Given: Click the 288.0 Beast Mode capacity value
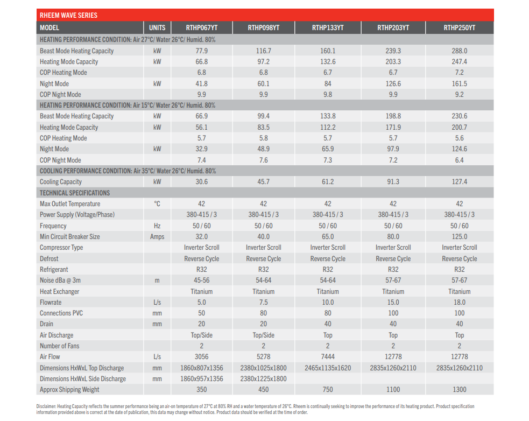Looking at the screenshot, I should [x=459, y=51].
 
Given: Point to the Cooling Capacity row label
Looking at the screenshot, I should [x=61, y=182].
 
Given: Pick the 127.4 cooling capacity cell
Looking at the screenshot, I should [x=459, y=182].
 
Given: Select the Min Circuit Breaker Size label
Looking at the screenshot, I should [x=69, y=237].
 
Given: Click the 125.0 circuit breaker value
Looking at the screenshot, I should [x=459, y=237].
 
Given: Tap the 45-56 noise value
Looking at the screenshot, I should [x=201, y=280].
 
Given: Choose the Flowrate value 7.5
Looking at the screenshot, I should [x=263, y=303].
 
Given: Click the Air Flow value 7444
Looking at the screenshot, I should [x=328, y=357].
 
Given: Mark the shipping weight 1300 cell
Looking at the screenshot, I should [x=459, y=390].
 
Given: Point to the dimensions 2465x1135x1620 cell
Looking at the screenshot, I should [x=328, y=368].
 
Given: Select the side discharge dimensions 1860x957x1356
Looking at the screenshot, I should [x=201, y=379].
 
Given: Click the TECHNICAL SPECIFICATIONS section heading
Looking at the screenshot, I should [x=75, y=193].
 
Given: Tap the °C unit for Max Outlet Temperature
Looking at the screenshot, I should [x=157, y=204].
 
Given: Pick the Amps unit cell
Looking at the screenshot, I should [x=157, y=237].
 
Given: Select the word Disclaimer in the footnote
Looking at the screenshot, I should [x=46, y=406].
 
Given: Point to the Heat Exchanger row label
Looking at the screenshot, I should [x=59, y=292].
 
